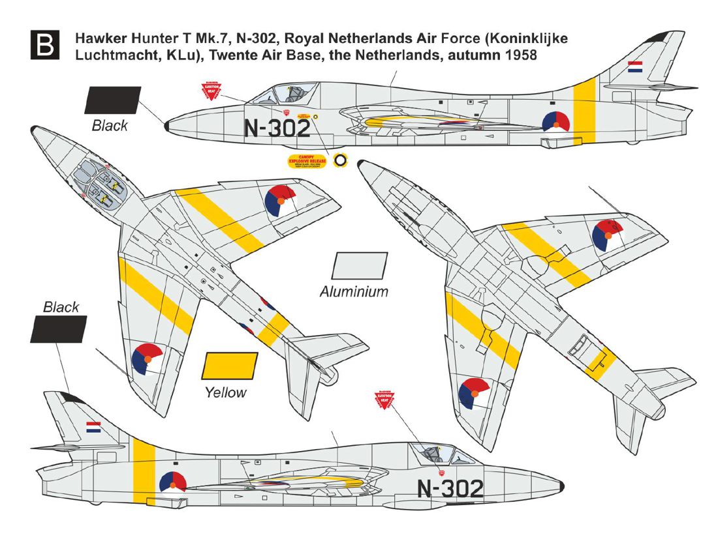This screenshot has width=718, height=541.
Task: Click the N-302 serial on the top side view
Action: coord(276,128)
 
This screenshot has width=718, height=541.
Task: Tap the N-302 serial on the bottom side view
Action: coord(450,488)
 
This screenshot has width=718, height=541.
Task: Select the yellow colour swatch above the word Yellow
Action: coord(230,366)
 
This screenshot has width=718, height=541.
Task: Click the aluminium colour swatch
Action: coord(360,267)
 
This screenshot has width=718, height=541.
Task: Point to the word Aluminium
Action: coord(354,292)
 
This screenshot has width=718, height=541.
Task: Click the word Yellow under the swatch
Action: coord(225,392)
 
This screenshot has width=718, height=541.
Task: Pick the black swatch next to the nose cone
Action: coord(112,100)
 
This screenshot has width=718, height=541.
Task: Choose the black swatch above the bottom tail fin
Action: coord(58,329)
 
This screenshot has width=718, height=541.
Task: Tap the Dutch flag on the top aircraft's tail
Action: coord(634,66)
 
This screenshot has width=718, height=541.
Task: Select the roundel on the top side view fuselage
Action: coord(556,122)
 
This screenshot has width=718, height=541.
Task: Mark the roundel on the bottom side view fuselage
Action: coord(172,483)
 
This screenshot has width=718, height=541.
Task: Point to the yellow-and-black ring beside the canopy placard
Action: coord(340,160)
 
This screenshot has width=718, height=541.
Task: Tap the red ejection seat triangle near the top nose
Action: coord(210,91)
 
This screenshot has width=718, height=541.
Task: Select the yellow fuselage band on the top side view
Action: coord(584,110)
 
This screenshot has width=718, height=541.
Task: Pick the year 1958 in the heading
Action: coord(520,56)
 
